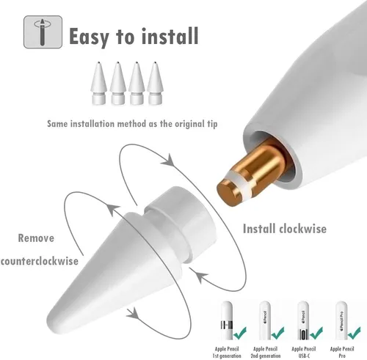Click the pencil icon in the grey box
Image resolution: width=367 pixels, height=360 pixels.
click(43, 32)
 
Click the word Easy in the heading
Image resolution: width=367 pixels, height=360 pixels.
click(89, 37)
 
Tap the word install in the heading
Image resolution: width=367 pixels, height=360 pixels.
click(170, 36)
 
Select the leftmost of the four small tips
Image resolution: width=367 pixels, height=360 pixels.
click(98, 83)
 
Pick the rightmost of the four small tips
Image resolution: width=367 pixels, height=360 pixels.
click(155, 83)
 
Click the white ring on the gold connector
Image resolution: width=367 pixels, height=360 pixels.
click(239, 183)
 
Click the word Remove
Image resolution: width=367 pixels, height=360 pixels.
click(36, 238)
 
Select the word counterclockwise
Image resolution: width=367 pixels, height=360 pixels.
click(40, 261)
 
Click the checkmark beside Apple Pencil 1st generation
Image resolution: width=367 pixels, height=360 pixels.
click(239, 332)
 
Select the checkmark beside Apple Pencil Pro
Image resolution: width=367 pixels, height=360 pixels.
click(354, 332)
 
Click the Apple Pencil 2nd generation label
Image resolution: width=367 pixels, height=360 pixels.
click(266, 352)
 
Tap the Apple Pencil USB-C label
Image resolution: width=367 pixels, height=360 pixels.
click(304, 352)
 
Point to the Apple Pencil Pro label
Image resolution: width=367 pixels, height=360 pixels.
click(342, 352)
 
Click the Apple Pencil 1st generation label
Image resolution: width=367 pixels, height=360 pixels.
click(227, 352)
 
